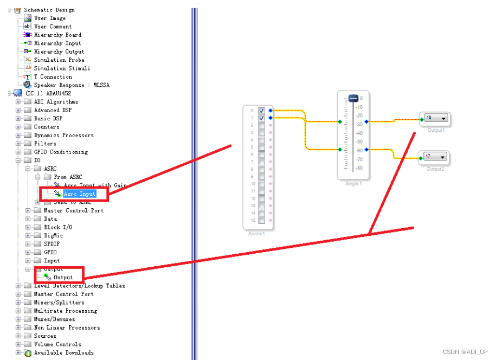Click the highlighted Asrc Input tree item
click(x=79, y=194)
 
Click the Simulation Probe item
click(x=59, y=60)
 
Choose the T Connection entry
click(x=53, y=76)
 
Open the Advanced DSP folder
click(x=53, y=110)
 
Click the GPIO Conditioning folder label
click(x=61, y=152)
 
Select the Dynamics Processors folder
click(x=63, y=135)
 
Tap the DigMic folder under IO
click(x=53, y=235)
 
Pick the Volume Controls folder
click(x=57, y=344)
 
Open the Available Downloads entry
click(x=63, y=352)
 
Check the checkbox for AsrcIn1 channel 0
click(x=262, y=111)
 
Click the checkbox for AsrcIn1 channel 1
click(x=262, y=118)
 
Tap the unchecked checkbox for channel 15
click(x=262, y=220)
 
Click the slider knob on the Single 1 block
click(x=353, y=99)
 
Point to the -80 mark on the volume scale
click(x=359, y=168)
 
